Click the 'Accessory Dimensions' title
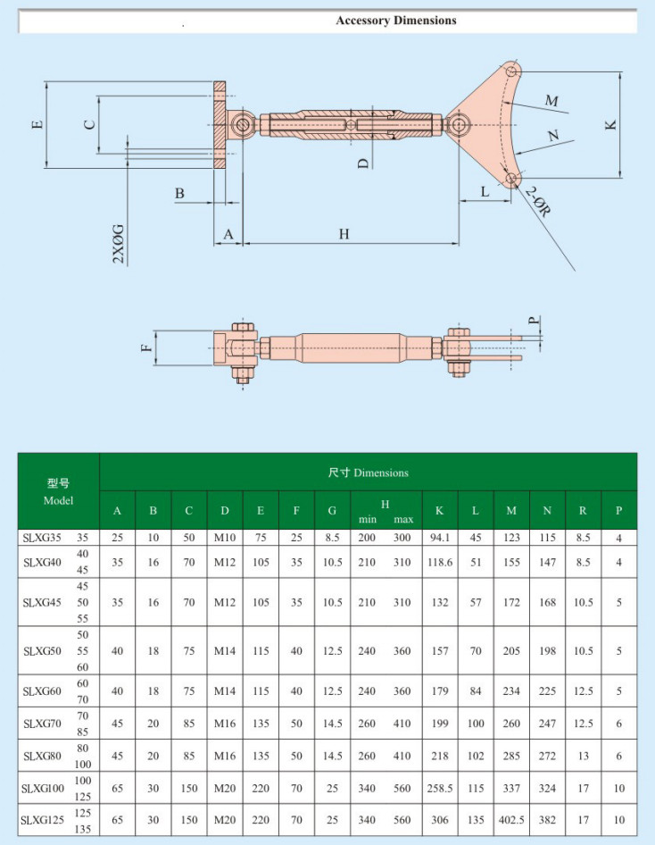395,21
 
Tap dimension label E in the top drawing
36,124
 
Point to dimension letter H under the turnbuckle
344,234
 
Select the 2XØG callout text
119,244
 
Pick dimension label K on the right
611,124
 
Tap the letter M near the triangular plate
551,102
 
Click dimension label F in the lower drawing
146,347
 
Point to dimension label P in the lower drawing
534,320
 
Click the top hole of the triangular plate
510,71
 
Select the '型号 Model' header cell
58,491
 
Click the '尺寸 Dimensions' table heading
368,473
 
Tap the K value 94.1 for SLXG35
439,538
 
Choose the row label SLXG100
44,788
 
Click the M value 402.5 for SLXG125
511,820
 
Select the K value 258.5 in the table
439,788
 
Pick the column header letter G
332,511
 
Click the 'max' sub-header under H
403,519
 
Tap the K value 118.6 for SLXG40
439,563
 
